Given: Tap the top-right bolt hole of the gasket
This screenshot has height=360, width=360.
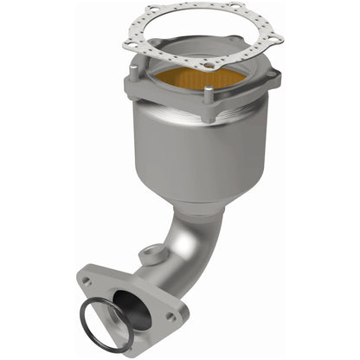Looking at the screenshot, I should [236, 10].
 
